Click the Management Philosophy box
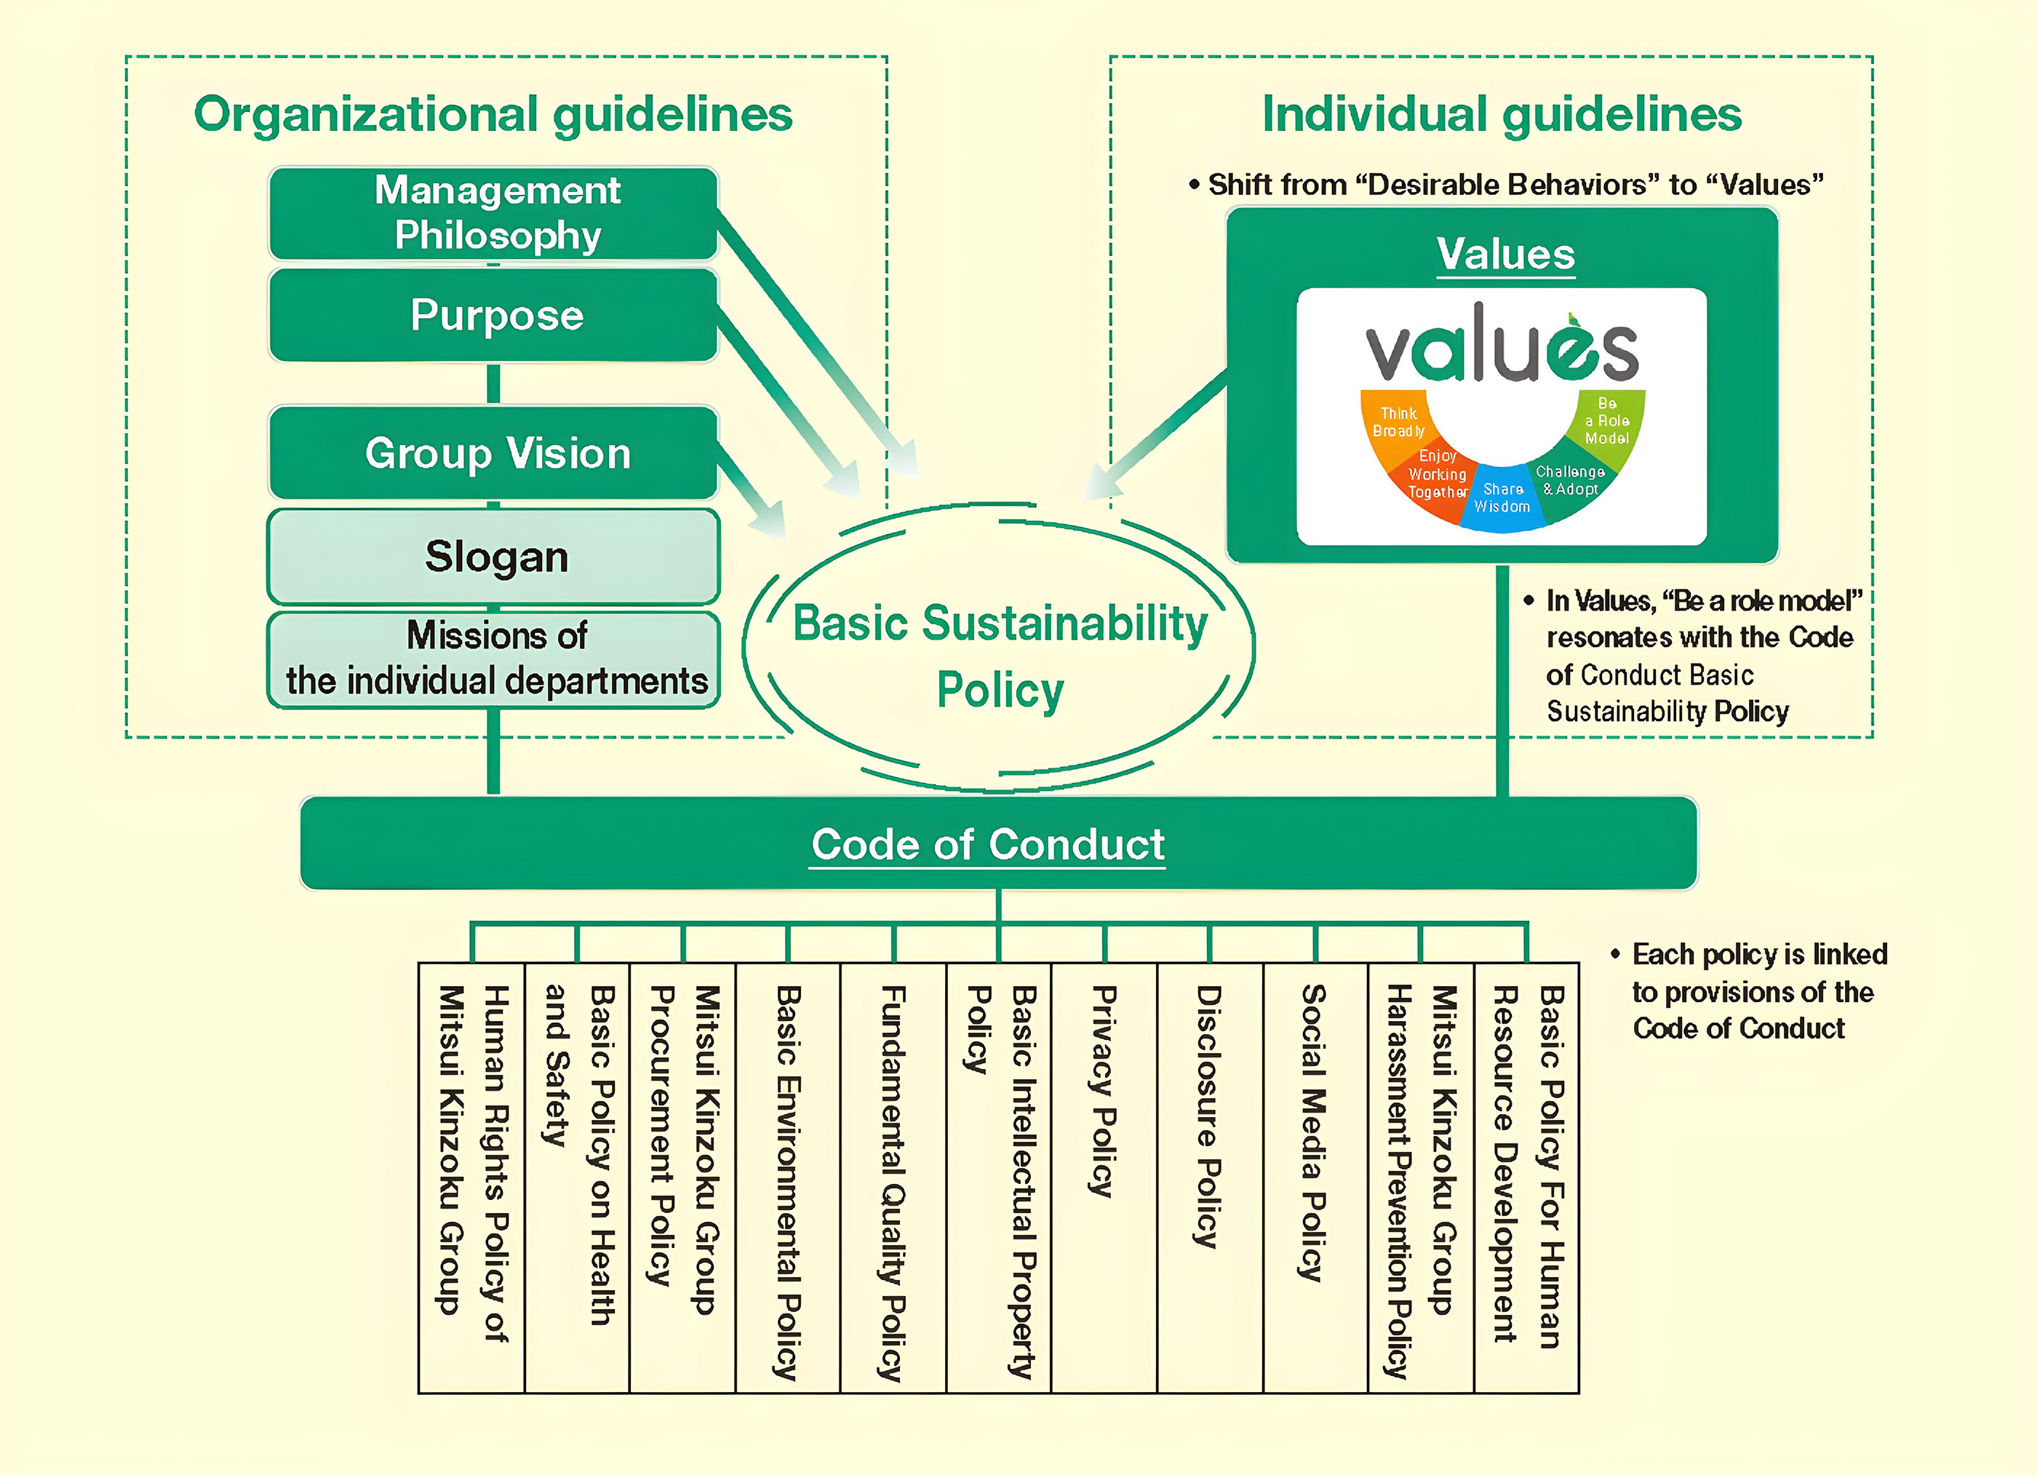493,213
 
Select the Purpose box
493,315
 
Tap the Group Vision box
493,453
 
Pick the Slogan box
493,557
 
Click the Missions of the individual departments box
493,659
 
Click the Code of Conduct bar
988,844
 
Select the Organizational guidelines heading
493,115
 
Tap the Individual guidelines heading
1502,115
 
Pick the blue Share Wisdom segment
1502,498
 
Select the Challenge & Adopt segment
1570,482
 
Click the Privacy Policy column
1104,1177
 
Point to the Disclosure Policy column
1209,1177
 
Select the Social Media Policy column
1314,1177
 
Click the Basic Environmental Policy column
788,1177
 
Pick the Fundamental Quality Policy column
893,1177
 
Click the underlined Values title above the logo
1505,254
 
